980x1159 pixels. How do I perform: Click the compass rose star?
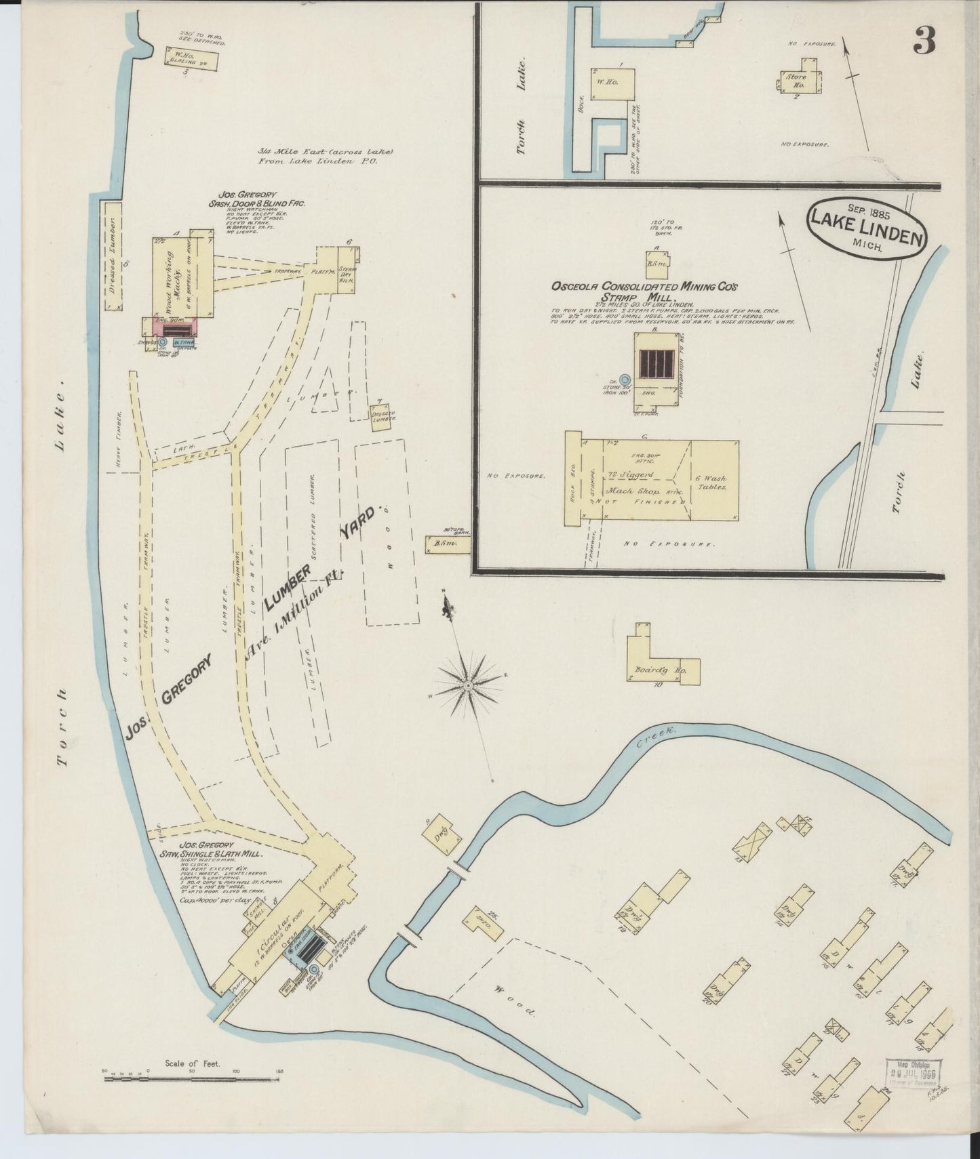[469, 687]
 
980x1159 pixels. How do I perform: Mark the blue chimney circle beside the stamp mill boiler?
[625, 380]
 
